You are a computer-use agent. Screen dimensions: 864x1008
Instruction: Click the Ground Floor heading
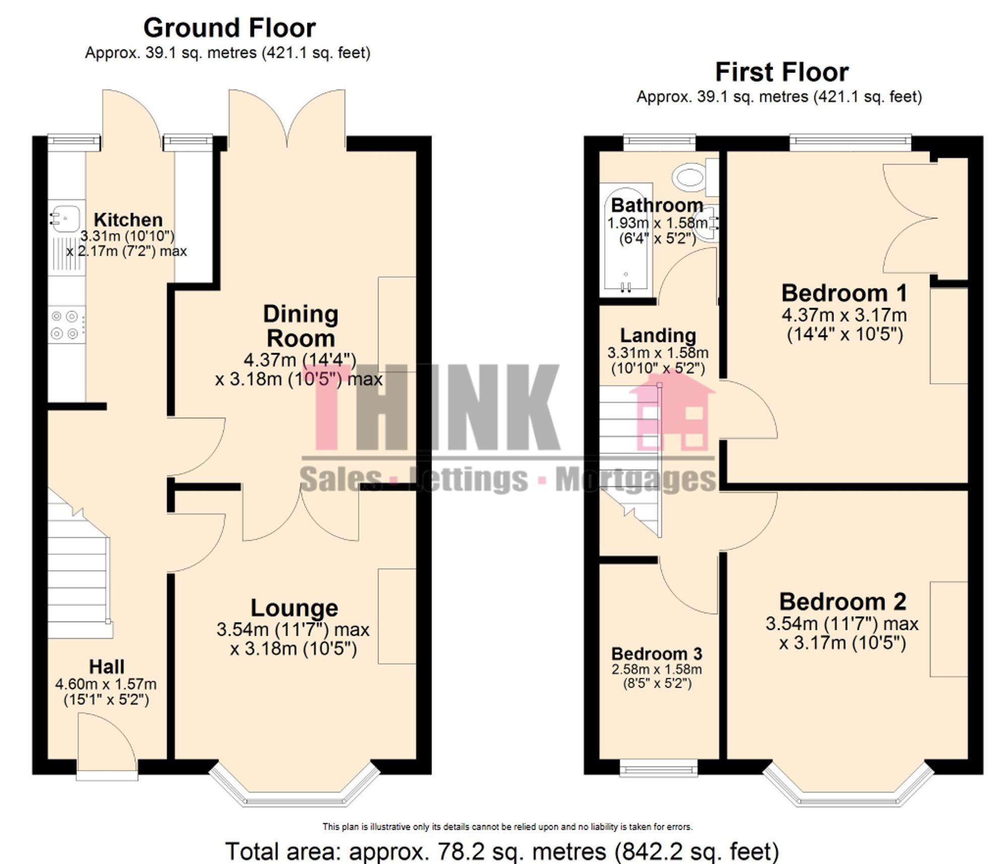tap(229, 28)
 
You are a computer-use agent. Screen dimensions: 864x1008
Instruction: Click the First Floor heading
tap(782, 73)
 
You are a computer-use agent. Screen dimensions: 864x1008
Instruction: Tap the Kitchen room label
tap(128, 220)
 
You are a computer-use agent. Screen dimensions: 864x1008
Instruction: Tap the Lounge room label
tap(294, 608)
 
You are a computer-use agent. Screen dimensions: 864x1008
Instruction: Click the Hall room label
tap(106, 667)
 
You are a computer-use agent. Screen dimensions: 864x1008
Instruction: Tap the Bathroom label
tap(657, 205)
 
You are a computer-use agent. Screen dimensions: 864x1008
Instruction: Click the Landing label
tap(658, 335)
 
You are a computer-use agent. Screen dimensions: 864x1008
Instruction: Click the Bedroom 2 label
tap(842, 602)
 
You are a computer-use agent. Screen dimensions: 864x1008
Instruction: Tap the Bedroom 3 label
tap(656, 654)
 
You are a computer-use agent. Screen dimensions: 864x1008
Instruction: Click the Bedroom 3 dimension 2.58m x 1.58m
tap(656, 670)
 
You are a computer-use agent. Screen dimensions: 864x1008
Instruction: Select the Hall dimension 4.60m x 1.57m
tap(106, 684)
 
